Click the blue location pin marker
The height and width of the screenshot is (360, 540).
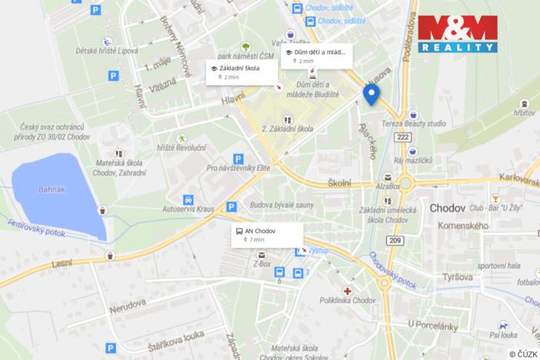(x=372, y=94)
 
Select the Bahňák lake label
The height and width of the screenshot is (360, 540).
(x=53, y=188)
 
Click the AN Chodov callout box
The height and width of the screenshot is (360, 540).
(x=266, y=235)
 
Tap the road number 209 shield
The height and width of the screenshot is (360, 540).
(x=395, y=242)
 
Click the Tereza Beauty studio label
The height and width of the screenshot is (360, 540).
(x=435, y=123)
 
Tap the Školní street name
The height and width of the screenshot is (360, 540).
(x=339, y=182)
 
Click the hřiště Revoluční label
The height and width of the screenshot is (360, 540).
(x=180, y=147)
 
